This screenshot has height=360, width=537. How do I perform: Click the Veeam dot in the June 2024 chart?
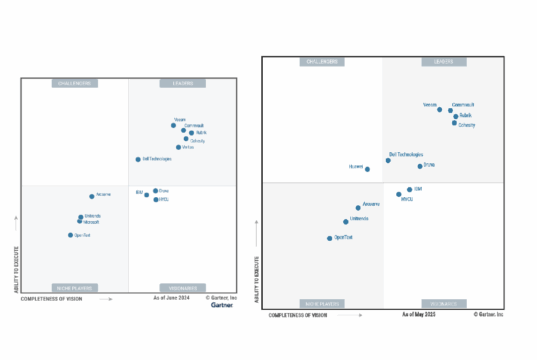tap(173, 126)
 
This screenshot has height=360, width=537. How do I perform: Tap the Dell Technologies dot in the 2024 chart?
tap(138, 159)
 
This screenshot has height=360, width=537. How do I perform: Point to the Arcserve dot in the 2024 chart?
tap(92, 196)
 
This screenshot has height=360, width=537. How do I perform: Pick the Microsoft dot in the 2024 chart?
tap(80, 221)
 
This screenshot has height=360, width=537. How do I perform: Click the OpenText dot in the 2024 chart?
tap(70, 235)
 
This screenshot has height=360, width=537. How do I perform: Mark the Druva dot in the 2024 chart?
tap(155, 190)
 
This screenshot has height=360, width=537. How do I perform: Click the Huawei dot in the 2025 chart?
tap(367, 169)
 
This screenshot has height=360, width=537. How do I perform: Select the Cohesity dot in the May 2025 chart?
tap(455, 125)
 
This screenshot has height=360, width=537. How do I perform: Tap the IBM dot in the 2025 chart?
tap(409, 189)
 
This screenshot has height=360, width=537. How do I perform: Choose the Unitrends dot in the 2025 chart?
tap(346, 222)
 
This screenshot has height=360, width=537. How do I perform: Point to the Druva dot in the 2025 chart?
tap(420, 166)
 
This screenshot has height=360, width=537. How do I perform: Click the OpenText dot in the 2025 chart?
tap(329, 238)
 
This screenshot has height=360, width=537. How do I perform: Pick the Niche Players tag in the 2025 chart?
tap(322, 302)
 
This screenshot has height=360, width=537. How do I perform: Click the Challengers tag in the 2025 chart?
tap(322, 62)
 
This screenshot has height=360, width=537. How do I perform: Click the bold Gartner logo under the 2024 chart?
tap(222, 305)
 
